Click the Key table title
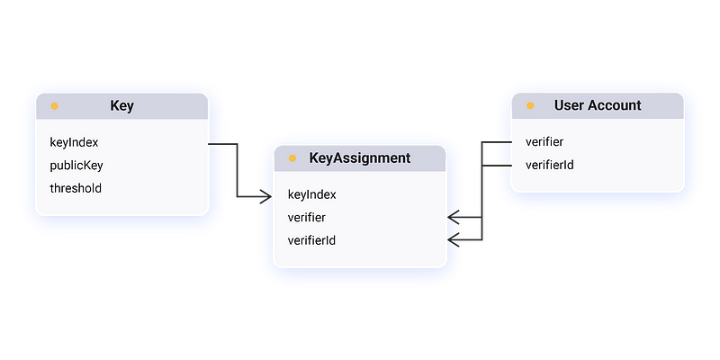121,105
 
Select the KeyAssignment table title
359,157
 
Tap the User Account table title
598,105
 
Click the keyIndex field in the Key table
74,142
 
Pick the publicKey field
76,166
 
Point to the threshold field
76,188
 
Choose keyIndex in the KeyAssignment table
312,194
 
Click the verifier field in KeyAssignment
307,218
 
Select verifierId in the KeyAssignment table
311,240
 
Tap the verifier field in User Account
544,142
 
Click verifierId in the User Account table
549,166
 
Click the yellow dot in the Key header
55,106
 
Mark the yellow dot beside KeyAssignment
292,158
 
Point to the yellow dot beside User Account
530,106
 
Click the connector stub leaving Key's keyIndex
220,143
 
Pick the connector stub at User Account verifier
498,142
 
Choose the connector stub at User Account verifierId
498,166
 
